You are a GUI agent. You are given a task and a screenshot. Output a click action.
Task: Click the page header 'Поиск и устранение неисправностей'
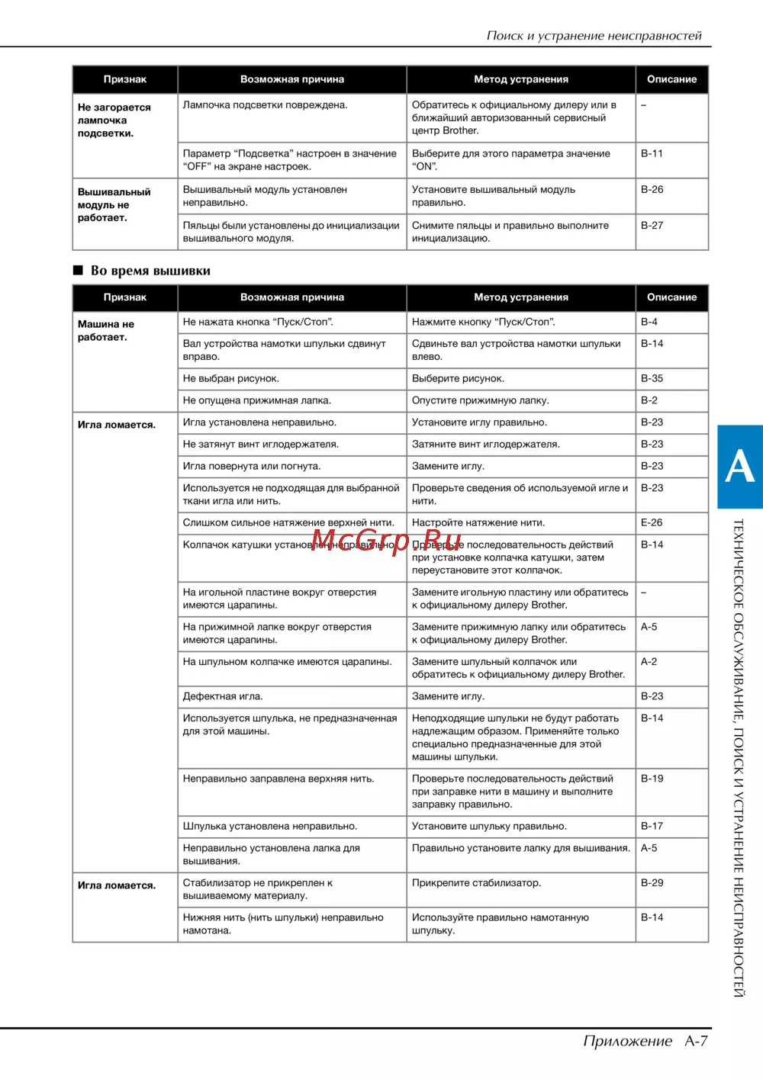pos(594,35)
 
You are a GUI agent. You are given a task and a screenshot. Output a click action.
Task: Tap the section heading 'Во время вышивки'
pos(150,271)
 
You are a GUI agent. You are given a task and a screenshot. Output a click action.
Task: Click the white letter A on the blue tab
pos(739,466)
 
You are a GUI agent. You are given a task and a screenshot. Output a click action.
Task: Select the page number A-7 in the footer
pos(696,1041)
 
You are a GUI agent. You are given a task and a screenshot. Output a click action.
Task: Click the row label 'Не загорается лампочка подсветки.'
pos(114,120)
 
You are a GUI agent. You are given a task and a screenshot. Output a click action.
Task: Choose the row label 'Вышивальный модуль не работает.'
pos(114,204)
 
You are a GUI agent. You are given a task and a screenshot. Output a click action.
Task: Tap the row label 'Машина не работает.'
pos(106,330)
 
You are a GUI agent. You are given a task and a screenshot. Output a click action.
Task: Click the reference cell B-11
pos(652,153)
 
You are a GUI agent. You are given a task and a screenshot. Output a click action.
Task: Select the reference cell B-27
pos(652,225)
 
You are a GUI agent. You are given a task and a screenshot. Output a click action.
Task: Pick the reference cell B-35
pos(652,378)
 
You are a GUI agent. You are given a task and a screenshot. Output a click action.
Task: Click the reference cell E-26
pos(652,522)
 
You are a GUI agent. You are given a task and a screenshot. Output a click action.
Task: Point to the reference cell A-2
pos(649,661)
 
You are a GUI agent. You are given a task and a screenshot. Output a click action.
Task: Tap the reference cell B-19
pos(652,779)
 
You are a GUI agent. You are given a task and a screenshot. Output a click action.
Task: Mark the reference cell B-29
pos(652,882)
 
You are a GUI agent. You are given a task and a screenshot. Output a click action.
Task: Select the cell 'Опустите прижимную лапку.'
pos(480,400)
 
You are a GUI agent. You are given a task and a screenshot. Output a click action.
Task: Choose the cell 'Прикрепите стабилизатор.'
pos(476,882)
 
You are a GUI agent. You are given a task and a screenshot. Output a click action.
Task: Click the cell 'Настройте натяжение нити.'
pos(478,522)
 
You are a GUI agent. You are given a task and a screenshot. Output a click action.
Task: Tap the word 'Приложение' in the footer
pos(627,1041)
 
